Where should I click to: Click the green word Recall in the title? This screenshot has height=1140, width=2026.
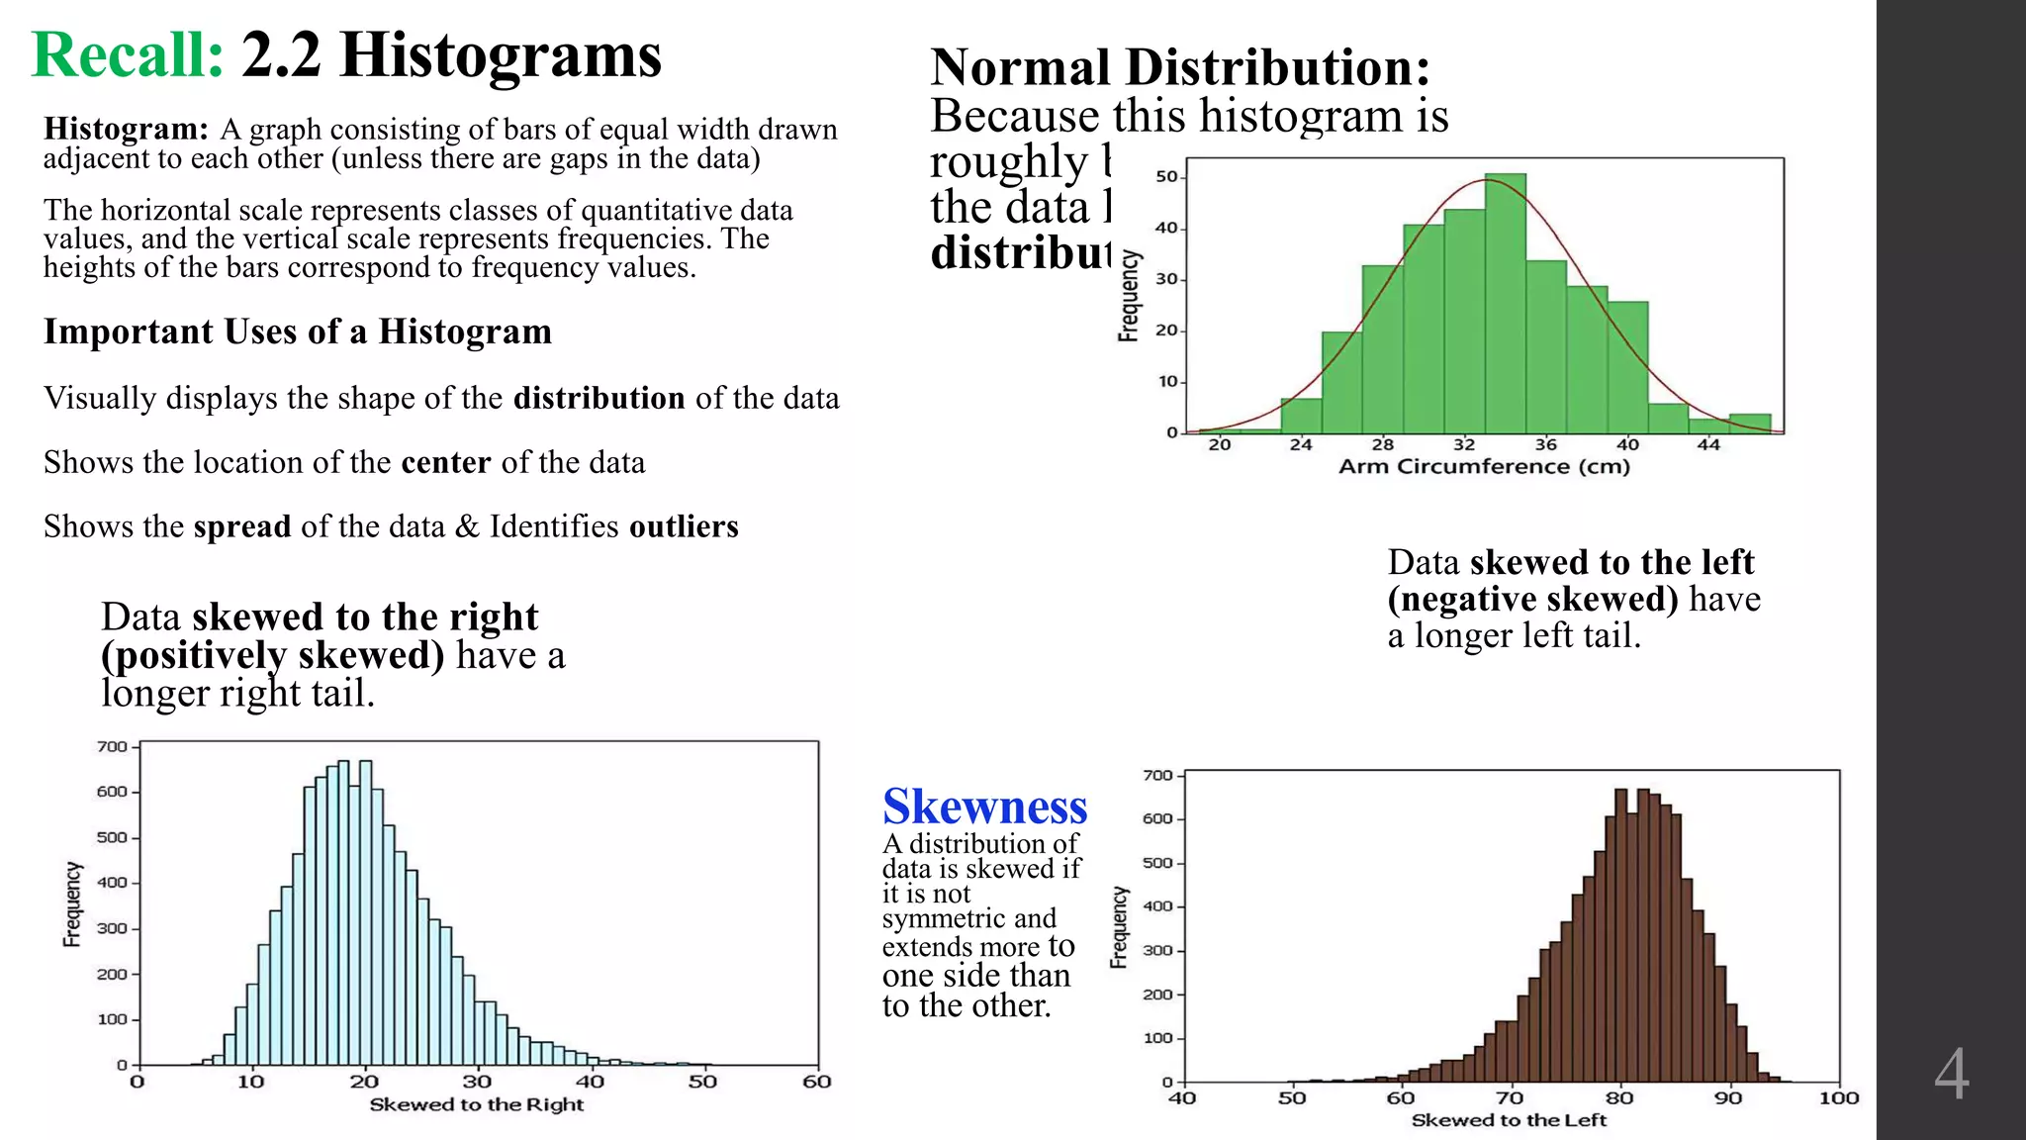click(128, 55)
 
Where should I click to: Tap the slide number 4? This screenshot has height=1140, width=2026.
click(1951, 1075)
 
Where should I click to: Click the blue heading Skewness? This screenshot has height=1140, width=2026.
click(984, 807)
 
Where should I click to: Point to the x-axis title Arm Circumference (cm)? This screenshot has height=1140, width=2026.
click(1483, 467)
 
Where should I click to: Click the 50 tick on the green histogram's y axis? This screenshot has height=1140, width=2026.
click(1166, 177)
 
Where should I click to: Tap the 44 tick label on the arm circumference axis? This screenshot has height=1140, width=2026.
click(1708, 445)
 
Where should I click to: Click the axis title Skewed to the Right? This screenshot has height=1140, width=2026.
click(476, 1104)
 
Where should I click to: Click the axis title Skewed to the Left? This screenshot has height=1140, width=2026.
click(1508, 1120)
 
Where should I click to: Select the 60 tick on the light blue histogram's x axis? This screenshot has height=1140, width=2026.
click(816, 1082)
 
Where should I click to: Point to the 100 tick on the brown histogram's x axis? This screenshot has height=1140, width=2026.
click(1838, 1097)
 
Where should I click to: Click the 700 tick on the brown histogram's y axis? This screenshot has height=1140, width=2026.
click(1157, 776)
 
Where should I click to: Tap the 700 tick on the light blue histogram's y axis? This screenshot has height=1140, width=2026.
click(112, 747)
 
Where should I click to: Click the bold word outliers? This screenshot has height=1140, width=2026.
click(684, 526)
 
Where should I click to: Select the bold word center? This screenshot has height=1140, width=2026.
click(445, 462)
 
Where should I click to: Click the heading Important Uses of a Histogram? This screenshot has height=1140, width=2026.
click(298, 332)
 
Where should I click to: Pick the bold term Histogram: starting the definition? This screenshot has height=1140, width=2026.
click(126, 129)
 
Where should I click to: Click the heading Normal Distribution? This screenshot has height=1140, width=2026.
click(1180, 67)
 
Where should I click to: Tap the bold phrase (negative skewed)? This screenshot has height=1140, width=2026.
click(1532, 599)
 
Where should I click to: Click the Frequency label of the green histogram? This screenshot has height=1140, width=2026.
click(1129, 296)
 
